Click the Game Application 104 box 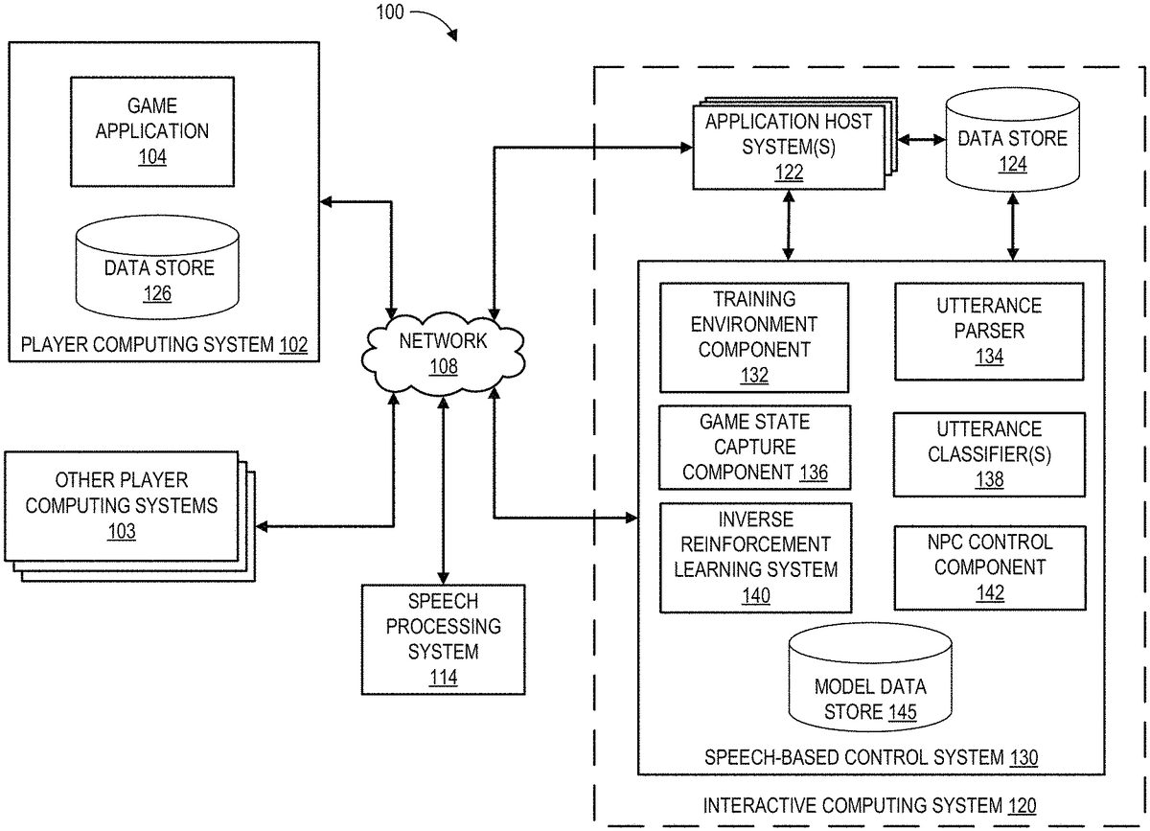(151, 130)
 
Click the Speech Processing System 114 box (443, 638)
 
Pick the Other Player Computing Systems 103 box (122, 505)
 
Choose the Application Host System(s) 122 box (789, 146)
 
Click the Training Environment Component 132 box (754, 336)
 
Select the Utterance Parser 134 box (989, 331)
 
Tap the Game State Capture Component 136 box (754, 447)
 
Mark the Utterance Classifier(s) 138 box (989, 454)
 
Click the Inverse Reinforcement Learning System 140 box (754, 557)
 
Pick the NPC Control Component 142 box (989, 566)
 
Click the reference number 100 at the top (390, 13)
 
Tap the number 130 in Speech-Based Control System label (1023, 758)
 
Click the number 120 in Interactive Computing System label (1022, 805)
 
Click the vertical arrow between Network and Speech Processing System (443, 489)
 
